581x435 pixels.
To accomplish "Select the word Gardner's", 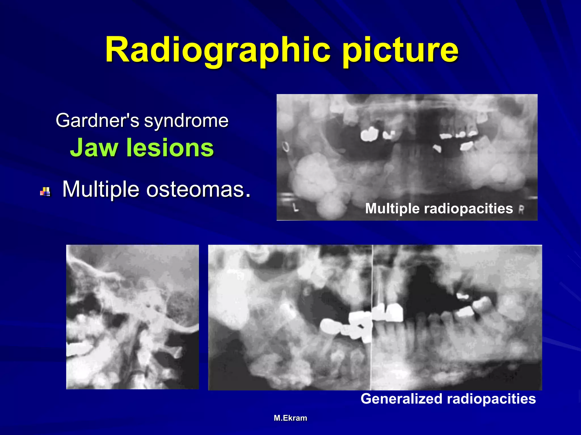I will [97, 120].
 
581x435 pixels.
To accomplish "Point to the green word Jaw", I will [94, 148].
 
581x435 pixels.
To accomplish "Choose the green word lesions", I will [170, 148].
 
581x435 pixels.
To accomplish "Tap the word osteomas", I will [198, 189].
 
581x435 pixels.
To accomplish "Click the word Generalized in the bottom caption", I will [401, 399].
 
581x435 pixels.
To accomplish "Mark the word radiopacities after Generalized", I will [491, 399].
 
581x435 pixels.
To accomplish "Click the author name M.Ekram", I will [290, 418].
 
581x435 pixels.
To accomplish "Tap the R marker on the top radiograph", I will [521, 210].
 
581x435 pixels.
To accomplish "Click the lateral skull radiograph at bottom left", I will [132, 317].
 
